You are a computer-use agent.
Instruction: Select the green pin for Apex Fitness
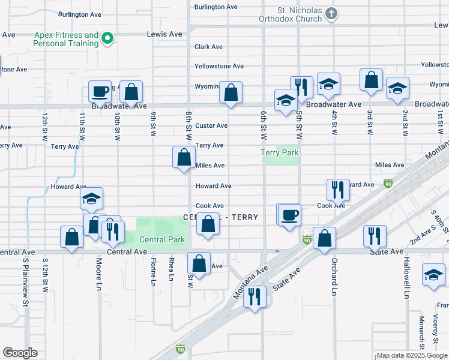[x=108, y=40]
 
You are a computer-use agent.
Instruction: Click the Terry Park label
[x=280, y=153]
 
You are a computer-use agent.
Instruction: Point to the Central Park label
[x=162, y=240]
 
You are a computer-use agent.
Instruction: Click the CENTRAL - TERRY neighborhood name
[x=220, y=217]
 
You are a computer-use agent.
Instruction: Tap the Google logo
[x=20, y=353]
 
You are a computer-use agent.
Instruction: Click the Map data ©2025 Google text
[x=412, y=356]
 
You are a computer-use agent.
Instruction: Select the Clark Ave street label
[x=208, y=47]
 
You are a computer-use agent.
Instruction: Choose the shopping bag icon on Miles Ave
[x=184, y=158]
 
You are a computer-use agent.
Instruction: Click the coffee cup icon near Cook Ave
[x=289, y=215]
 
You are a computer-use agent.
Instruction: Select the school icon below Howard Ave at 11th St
[x=91, y=199]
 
